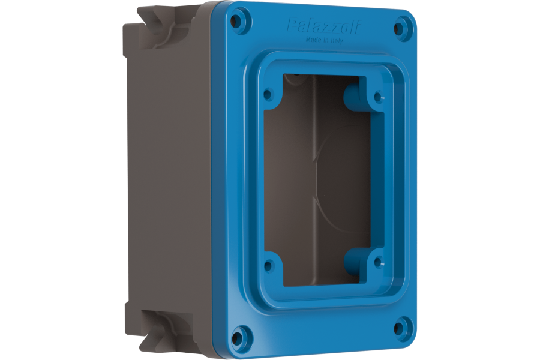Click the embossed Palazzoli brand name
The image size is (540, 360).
[323, 26]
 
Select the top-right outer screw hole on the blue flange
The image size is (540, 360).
[401, 27]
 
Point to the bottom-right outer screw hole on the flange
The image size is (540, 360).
[399, 328]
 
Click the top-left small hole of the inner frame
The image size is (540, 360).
[268, 94]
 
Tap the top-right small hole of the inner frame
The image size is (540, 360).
[378, 95]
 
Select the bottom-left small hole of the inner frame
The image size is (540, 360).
[269, 265]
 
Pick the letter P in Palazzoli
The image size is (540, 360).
[291, 25]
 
